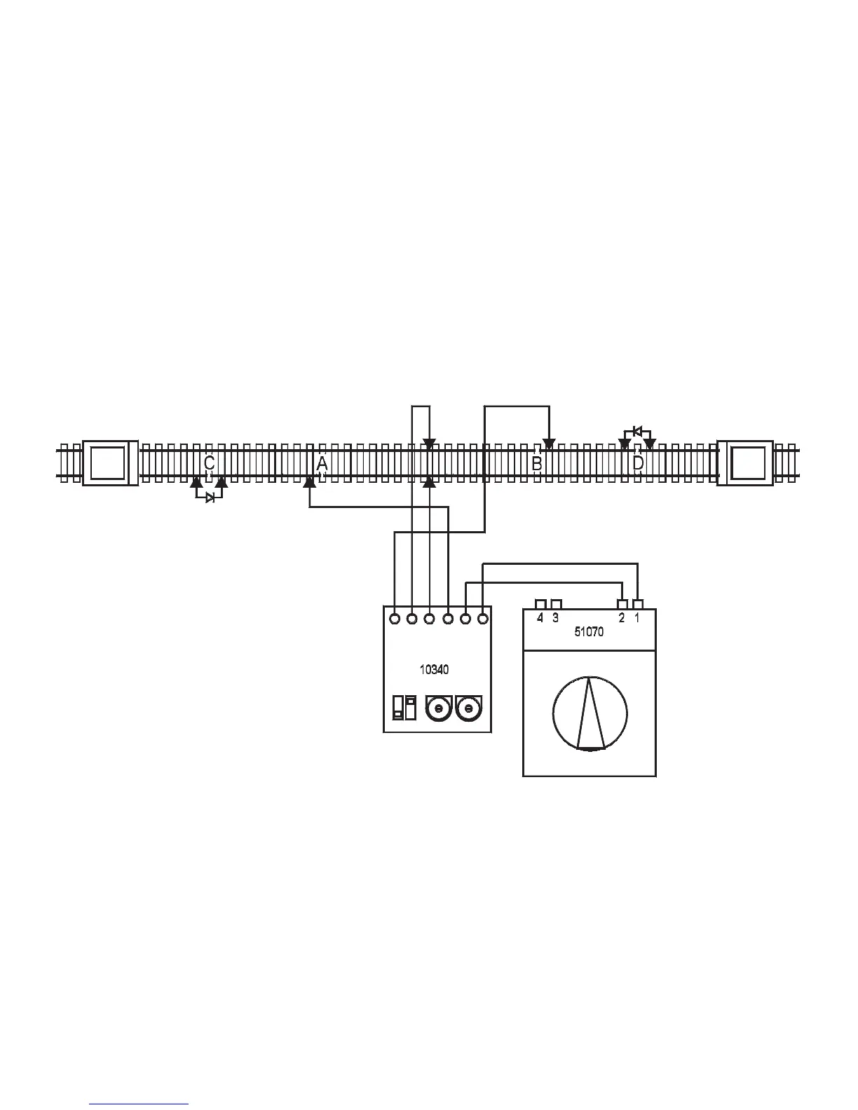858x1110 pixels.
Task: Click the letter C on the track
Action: click(x=209, y=463)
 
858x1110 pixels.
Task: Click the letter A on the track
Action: click(x=322, y=463)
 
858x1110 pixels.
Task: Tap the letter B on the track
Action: click(x=536, y=463)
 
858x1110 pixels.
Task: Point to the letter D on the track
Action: click(x=638, y=463)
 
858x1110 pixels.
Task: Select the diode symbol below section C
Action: click(x=210, y=498)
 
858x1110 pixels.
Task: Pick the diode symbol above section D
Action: click(x=637, y=431)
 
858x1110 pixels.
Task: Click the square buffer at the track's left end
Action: click(x=110, y=463)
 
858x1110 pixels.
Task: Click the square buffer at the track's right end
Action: click(x=745, y=463)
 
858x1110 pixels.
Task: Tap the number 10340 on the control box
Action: click(x=435, y=669)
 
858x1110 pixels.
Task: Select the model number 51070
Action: click(x=589, y=632)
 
